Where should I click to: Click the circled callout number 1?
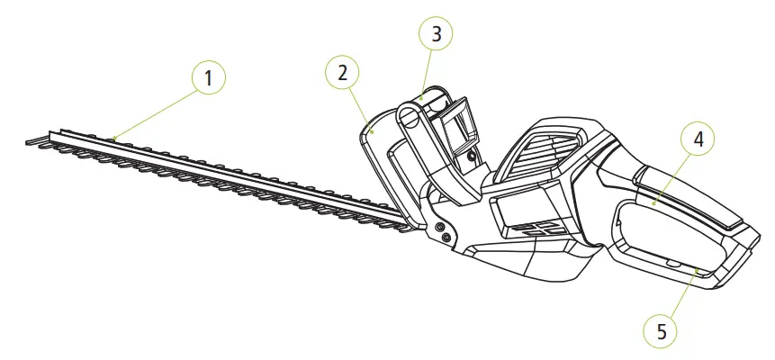[x=208, y=77]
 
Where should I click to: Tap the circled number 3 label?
[x=437, y=35]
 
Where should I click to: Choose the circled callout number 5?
[x=662, y=330]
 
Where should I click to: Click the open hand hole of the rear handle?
[x=662, y=238]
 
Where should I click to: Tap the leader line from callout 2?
[x=356, y=104]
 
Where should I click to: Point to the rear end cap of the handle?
[x=738, y=261]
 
